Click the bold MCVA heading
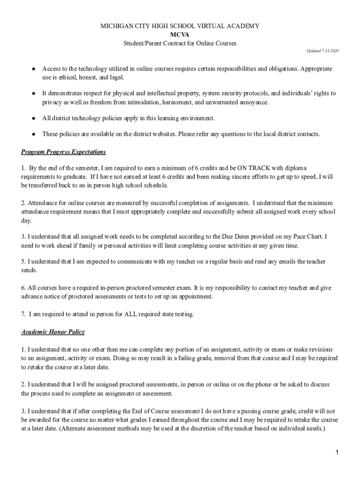(x=180, y=35)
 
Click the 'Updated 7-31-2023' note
(x=322, y=50)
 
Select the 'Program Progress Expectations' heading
(x=64, y=152)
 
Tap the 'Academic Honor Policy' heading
(x=53, y=332)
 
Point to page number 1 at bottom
(x=336, y=453)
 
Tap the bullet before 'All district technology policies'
(x=34, y=118)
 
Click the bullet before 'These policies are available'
(x=34, y=134)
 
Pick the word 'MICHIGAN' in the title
(x=118, y=26)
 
